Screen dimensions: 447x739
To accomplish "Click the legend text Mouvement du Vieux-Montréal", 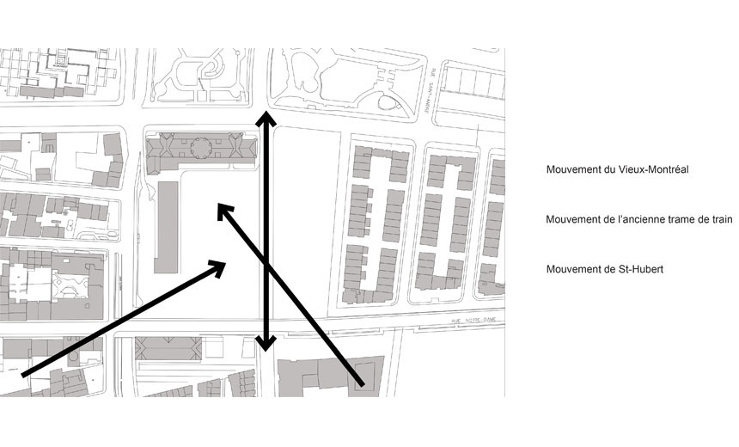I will (617, 170).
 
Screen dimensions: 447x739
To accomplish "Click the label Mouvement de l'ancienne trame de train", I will (638, 220).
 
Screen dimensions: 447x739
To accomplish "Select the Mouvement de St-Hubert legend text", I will (604, 270).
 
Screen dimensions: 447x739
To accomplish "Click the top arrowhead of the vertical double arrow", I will (268, 119).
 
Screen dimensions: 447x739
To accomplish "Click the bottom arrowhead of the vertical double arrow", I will (267, 343).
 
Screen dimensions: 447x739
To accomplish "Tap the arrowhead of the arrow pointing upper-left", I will (223, 210).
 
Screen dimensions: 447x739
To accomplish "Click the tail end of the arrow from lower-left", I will (24, 373).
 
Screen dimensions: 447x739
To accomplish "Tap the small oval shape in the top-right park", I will (389, 104).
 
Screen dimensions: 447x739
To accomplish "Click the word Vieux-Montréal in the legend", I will (652, 170).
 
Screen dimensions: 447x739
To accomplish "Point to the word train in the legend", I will (721, 220).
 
